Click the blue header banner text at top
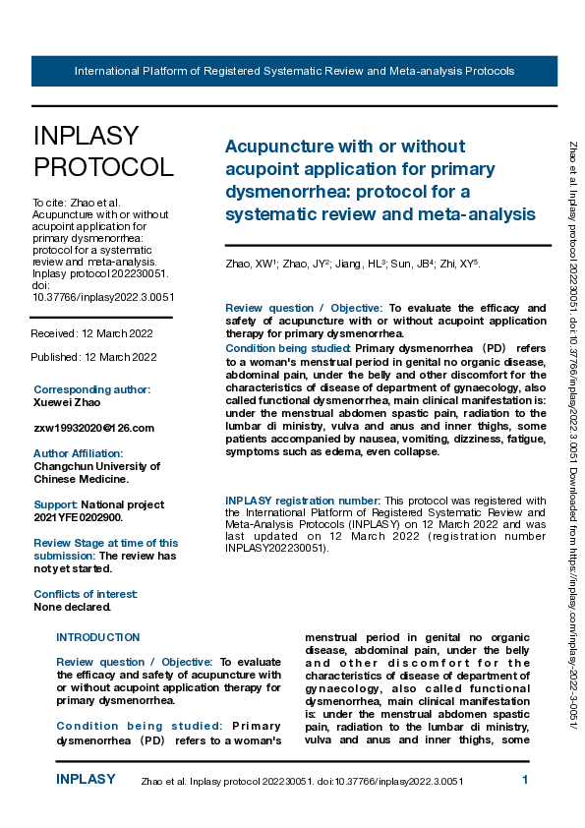click(x=294, y=71)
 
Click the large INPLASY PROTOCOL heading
click(x=102, y=150)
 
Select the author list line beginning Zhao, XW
click(x=353, y=264)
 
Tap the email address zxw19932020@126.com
click(x=93, y=428)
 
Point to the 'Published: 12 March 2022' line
click(x=93, y=356)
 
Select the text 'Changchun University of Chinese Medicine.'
click(x=95, y=473)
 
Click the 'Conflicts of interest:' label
click(x=86, y=594)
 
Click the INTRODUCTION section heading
click(x=98, y=637)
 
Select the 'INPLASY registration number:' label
click(x=302, y=501)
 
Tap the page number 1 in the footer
click(x=525, y=780)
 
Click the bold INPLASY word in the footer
click(x=87, y=780)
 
